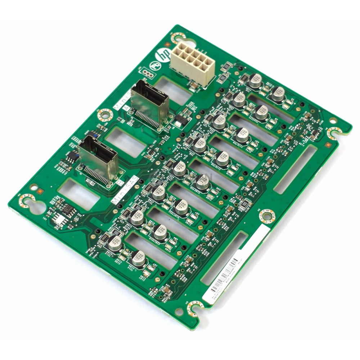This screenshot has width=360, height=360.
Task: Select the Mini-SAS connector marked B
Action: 98,161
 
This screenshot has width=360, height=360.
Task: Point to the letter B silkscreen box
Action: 117,183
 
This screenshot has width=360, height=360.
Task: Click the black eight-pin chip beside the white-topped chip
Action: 68,208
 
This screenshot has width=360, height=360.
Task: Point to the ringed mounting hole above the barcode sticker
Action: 267,216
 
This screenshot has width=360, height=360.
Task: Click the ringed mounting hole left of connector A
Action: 105,114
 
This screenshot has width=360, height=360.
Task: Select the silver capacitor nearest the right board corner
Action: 278,93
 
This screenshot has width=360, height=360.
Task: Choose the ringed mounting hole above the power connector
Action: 179,37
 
